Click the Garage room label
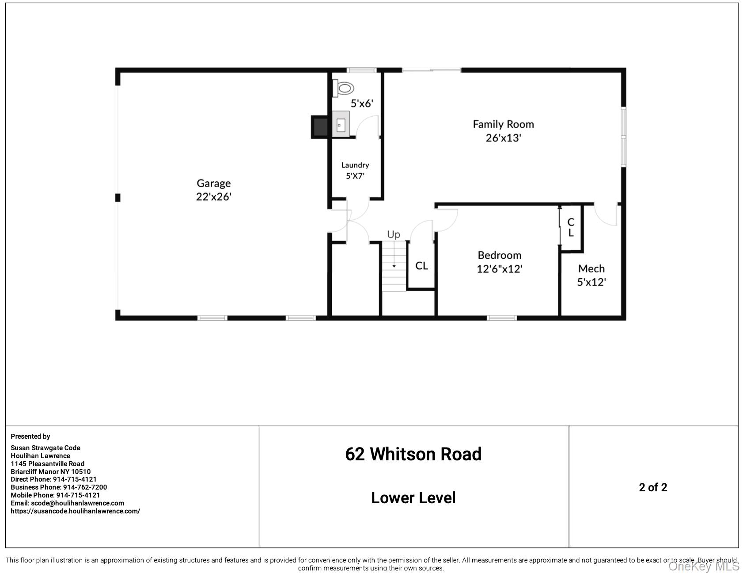pos(213,183)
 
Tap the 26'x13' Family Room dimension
pos(503,138)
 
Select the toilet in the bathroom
pos(343,88)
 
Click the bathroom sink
pos(341,124)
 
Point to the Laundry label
pos(355,165)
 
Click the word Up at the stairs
pos(393,234)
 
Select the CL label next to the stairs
pos(421,266)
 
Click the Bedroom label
pos(499,255)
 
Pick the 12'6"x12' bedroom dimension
pos(499,269)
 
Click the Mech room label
pos(591,268)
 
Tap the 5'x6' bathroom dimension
pos(362,104)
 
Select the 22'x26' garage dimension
pos(213,197)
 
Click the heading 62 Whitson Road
pos(413,454)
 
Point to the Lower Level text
pos(413,498)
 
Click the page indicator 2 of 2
pos(652,487)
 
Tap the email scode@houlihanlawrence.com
pos(77,503)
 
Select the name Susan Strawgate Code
pos(45,448)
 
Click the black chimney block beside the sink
pos(319,126)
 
